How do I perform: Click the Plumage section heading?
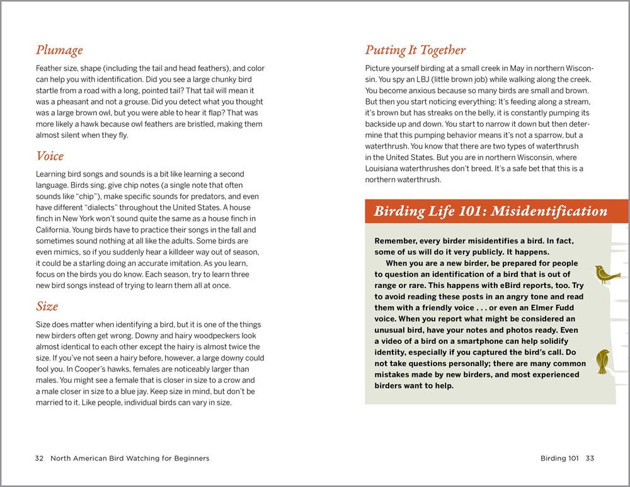pyautogui.click(x=59, y=50)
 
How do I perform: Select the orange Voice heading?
pyautogui.click(x=50, y=156)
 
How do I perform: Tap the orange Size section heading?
pyautogui.click(x=47, y=307)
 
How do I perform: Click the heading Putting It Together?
pyautogui.click(x=415, y=50)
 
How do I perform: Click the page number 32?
pyautogui.click(x=39, y=458)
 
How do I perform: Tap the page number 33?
pyautogui.click(x=590, y=458)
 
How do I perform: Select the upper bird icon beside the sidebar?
pyautogui.click(x=607, y=274)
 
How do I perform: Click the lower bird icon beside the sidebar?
pyautogui.click(x=603, y=361)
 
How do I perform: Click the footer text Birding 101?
pyautogui.click(x=559, y=458)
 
